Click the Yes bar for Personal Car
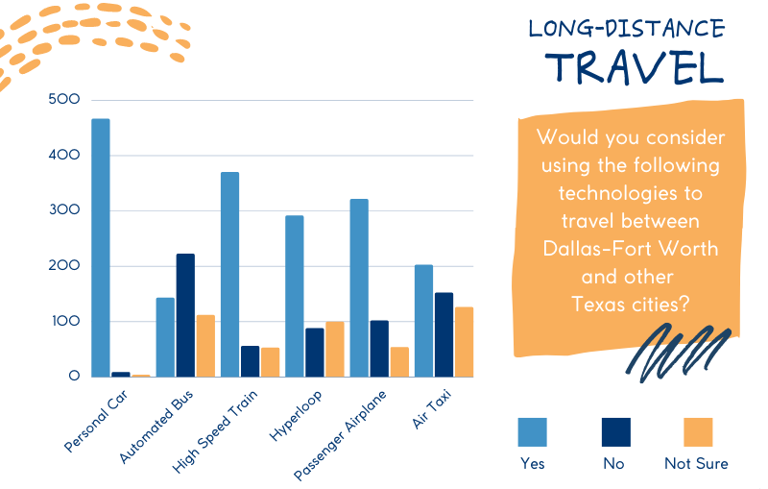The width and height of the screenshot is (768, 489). [x=101, y=248]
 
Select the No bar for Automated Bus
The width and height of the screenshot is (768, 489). [x=185, y=315]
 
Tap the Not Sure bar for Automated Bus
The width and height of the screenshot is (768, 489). [x=205, y=346]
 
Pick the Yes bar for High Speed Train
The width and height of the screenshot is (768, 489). [x=230, y=275]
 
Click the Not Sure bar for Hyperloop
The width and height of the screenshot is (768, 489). [x=335, y=350]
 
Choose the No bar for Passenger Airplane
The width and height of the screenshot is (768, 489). [x=379, y=349]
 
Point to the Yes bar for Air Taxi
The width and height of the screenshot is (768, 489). [x=424, y=321]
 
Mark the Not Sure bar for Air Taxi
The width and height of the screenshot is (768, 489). [x=465, y=342]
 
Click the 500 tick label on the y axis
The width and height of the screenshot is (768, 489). [x=64, y=100]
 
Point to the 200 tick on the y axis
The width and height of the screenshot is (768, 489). [x=64, y=265]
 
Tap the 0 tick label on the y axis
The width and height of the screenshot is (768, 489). [x=74, y=376]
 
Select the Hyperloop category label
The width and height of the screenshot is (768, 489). [x=296, y=415]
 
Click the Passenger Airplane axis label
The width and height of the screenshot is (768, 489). [x=340, y=435]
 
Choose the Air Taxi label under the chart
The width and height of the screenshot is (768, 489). [x=431, y=409]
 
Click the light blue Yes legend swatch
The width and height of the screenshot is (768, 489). [x=533, y=432]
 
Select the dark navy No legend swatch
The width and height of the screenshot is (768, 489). [x=616, y=432]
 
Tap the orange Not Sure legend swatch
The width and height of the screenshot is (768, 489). [x=698, y=432]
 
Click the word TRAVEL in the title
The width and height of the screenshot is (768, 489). [x=635, y=66]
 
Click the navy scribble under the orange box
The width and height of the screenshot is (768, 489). [x=679, y=353]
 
